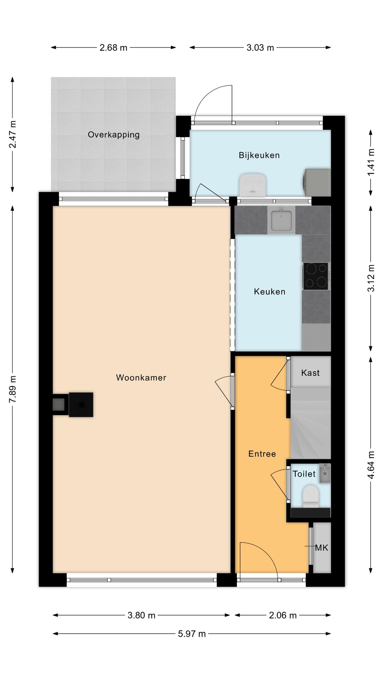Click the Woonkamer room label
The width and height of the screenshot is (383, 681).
coord(141,377)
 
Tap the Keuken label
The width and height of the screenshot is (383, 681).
coord(270,292)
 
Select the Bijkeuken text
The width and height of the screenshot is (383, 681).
coord(259,155)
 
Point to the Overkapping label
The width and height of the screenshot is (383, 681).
coord(114,135)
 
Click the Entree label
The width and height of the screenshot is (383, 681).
coord(262,454)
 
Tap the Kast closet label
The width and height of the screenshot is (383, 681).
coord(310,373)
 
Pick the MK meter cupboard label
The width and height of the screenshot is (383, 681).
coord(322,548)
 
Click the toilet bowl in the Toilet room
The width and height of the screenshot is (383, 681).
coord(311,496)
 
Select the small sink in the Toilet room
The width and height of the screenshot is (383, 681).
coord(324,473)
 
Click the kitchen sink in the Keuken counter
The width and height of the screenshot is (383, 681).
coord(281,221)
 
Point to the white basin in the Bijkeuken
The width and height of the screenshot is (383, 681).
coord(252,184)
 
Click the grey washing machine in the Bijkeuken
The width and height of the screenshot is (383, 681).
coord(317,183)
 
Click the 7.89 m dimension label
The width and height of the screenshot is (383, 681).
coord(13,389)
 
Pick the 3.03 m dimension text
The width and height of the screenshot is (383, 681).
coord(260,48)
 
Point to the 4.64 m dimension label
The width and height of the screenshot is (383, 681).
coord(371,465)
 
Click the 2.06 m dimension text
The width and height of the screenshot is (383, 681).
coord(283,615)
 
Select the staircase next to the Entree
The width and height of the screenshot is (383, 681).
coord(311,423)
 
